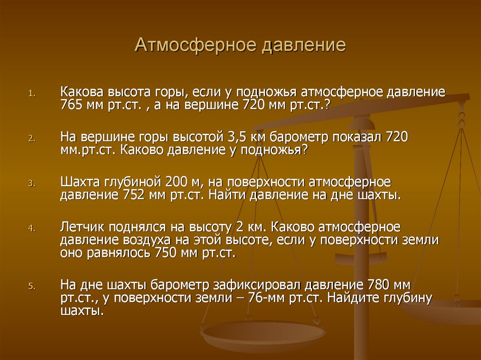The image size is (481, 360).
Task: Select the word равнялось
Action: coord(119,253)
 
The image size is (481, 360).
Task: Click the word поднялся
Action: coord(137,228)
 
